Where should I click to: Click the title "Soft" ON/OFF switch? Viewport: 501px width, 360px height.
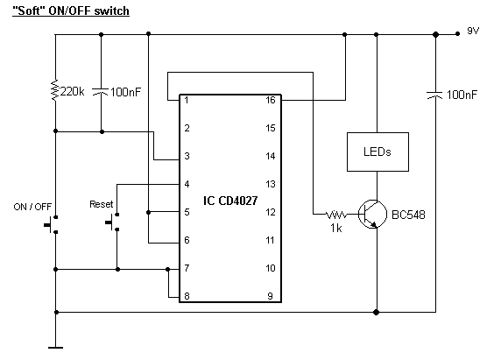(71, 11)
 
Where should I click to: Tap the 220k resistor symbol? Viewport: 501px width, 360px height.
(55, 90)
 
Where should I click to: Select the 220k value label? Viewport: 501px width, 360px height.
(72, 92)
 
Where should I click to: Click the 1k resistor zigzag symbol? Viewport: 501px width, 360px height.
(335, 214)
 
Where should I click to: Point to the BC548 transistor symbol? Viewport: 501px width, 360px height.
(372, 214)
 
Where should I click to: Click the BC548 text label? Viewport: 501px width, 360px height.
(408, 215)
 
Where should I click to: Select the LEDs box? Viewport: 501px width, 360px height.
(378, 152)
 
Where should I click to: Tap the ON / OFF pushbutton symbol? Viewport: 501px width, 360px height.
(51, 225)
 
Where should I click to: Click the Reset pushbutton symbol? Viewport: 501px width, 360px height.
(112, 222)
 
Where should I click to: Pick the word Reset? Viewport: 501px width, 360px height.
(101, 204)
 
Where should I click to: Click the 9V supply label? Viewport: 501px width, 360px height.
(473, 31)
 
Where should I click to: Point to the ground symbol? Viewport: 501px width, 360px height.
(55, 347)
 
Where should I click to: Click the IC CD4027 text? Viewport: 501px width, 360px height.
(230, 201)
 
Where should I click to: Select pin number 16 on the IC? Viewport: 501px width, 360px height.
(271, 101)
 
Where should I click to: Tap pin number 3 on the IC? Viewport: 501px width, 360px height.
(187, 156)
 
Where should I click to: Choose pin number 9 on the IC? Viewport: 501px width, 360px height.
(270, 296)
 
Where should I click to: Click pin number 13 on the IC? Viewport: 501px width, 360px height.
(271, 184)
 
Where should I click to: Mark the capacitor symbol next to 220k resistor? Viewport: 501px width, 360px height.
(101, 92)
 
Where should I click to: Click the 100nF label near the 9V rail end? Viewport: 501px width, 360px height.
(462, 95)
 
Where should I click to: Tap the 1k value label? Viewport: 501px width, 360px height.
(336, 228)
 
